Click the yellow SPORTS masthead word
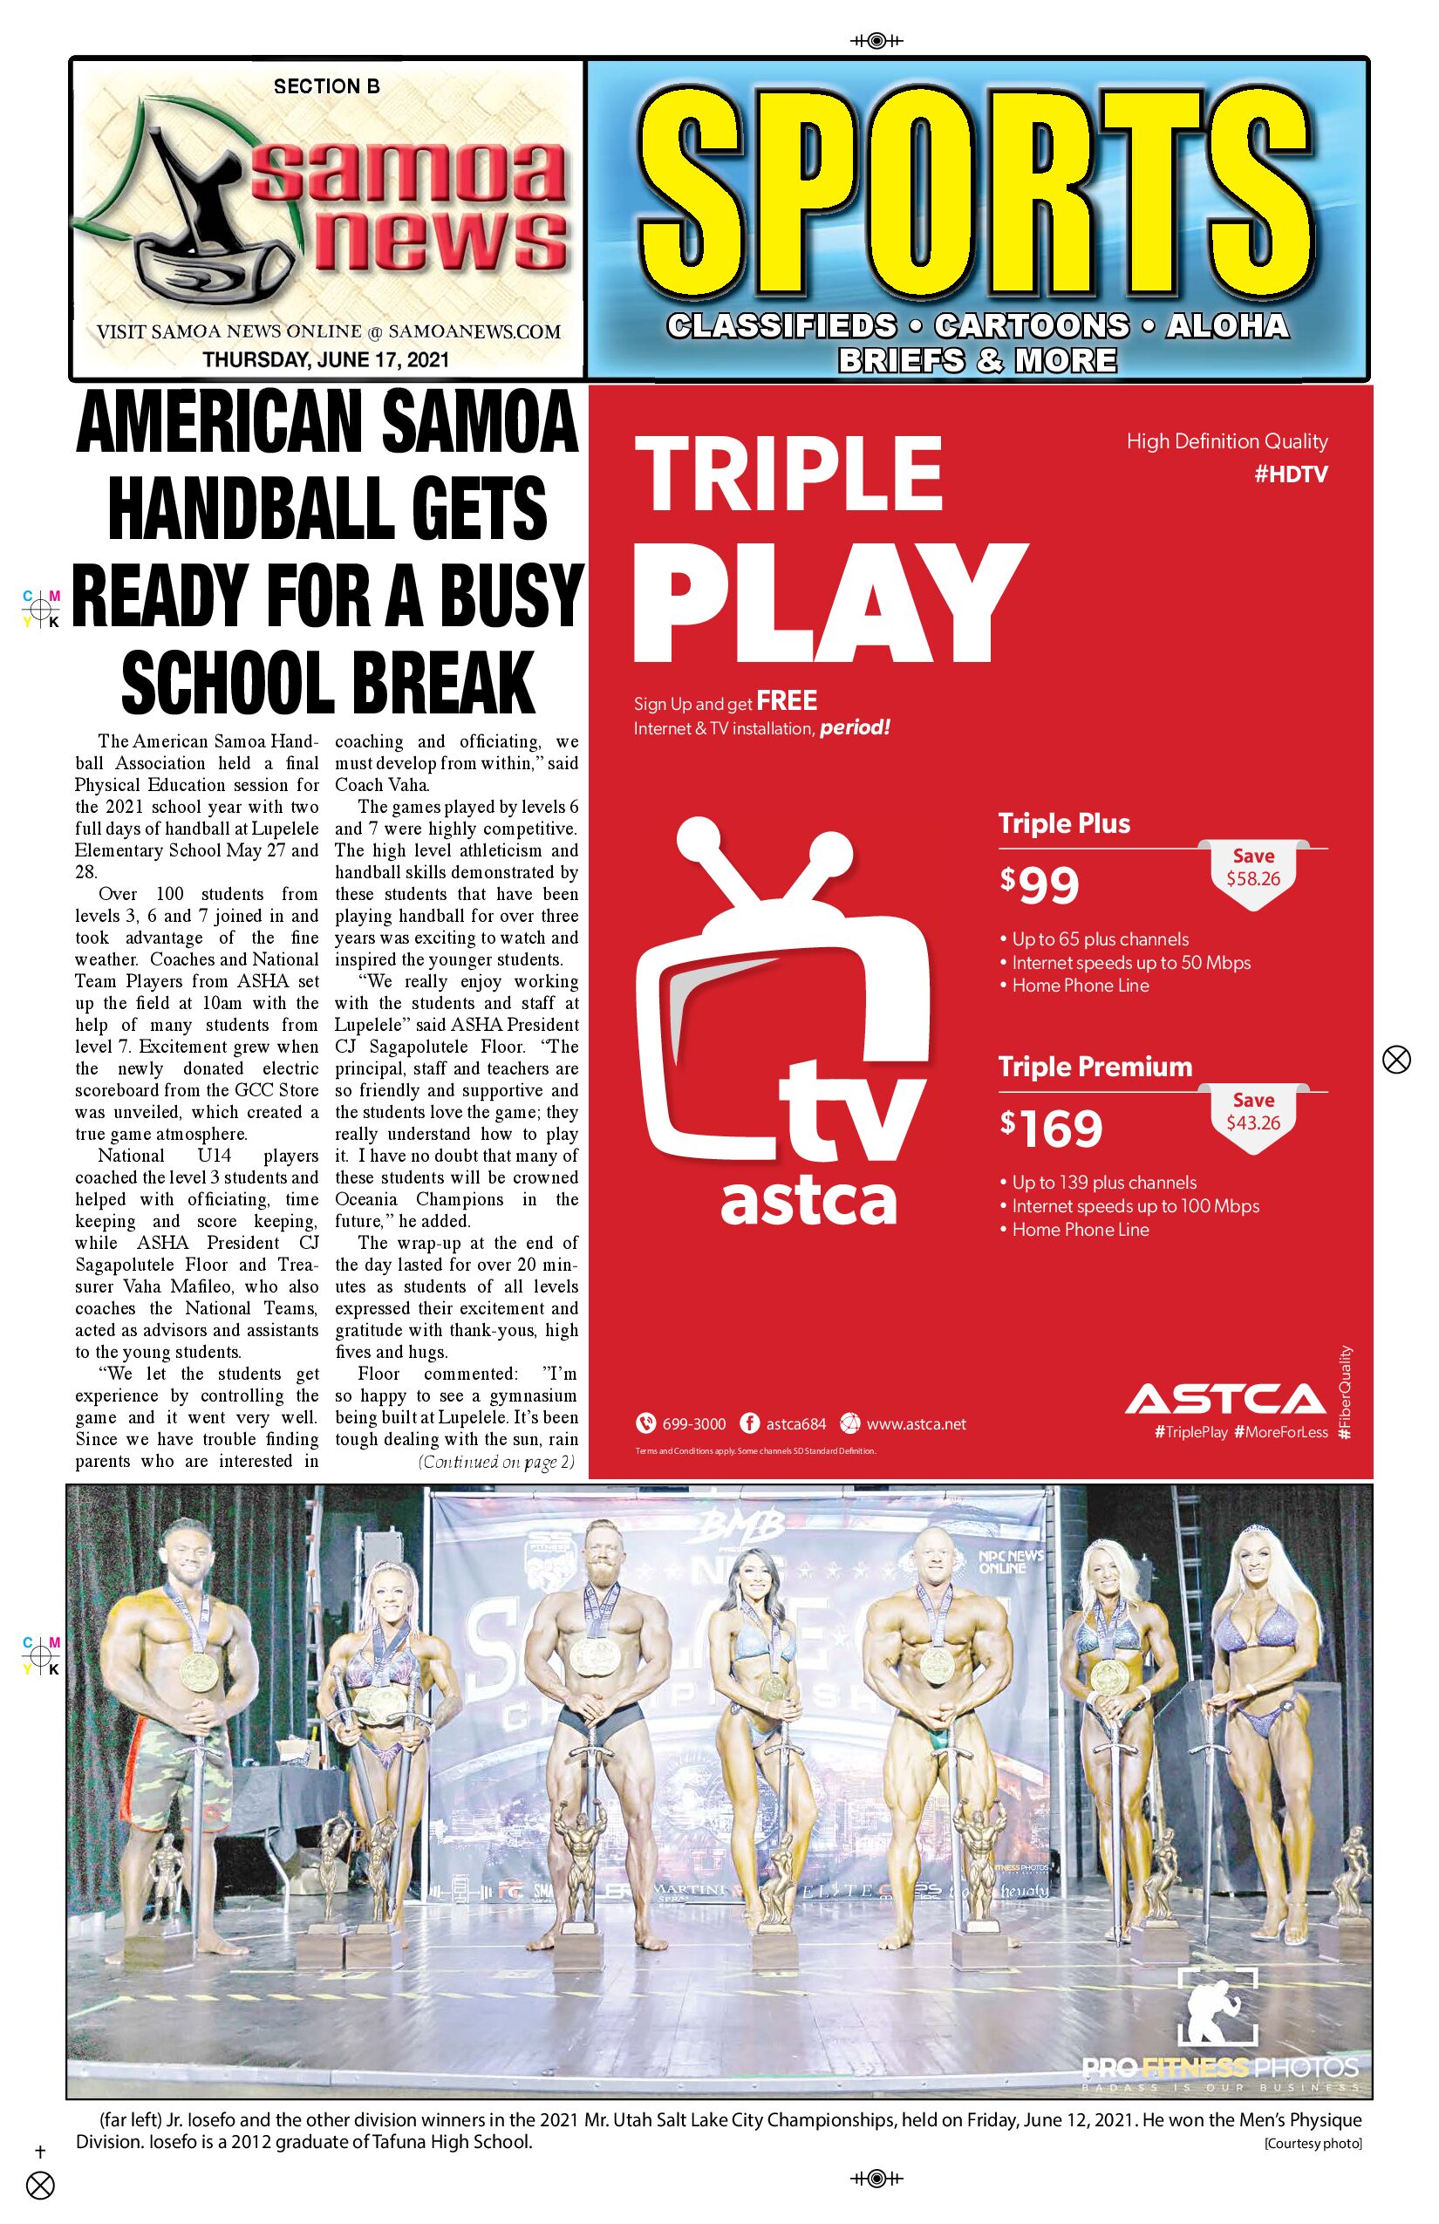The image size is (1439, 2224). click(x=977, y=194)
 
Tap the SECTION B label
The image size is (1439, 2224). click(x=326, y=87)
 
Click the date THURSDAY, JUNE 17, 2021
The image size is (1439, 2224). click(x=326, y=359)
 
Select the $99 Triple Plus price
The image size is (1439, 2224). click(x=1039, y=885)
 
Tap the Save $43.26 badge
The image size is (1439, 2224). click(x=1253, y=1111)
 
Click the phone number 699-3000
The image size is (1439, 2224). click(x=693, y=1424)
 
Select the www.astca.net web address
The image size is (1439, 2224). click(x=916, y=1424)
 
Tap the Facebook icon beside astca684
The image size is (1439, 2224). click(x=748, y=1423)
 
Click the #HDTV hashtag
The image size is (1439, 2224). click(x=1291, y=474)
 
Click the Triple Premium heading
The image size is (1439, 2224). click(x=1095, y=1068)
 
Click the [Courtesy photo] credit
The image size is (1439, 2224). click(x=1312, y=2144)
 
